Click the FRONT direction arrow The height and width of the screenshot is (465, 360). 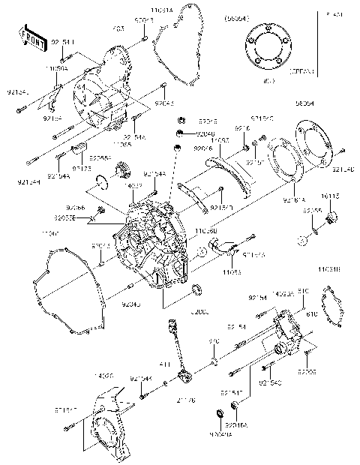click(28, 37)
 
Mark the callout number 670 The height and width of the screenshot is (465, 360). click(213, 341)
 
